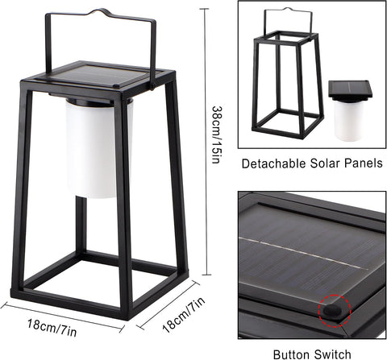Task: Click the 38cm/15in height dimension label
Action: pyautogui.click(x=217, y=134)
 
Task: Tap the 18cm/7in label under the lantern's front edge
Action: pyautogui.click(x=52, y=328)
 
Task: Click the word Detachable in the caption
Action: pyautogui.click(x=274, y=163)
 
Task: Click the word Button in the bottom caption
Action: pyautogui.click(x=292, y=354)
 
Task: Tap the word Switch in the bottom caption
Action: pyautogui.click(x=333, y=354)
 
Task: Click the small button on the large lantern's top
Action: pyautogui.click(x=116, y=86)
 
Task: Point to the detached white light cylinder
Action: pyautogui.click(x=349, y=120)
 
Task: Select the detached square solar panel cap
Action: pyautogui.click(x=351, y=90)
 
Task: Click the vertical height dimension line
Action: pyautogui.click(x=206, y=142)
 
